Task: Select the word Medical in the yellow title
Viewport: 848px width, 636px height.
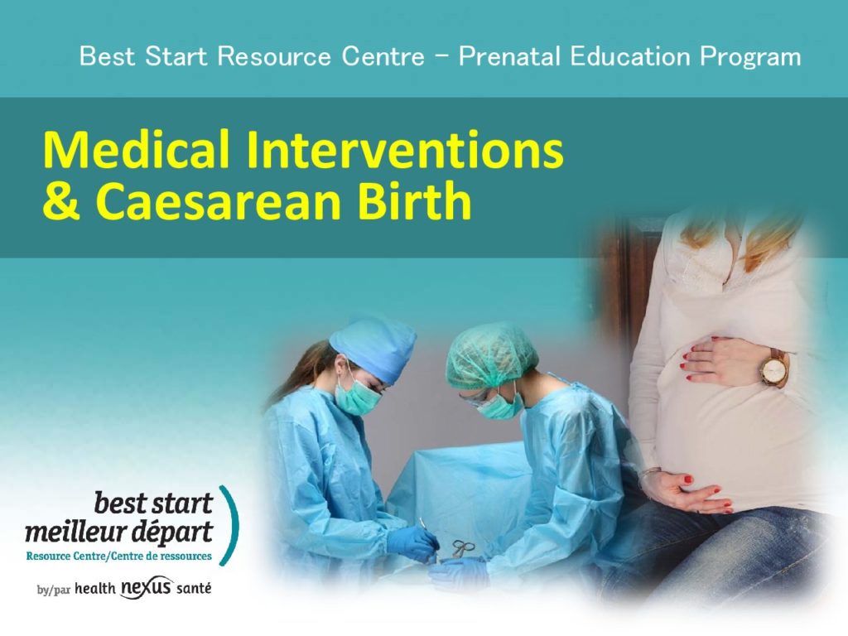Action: point(137,150)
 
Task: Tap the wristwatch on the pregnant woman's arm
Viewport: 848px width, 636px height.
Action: point(774,369)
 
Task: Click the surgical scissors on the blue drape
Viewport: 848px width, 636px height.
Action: point(460,548)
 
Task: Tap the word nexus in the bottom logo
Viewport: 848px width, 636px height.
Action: point(147,587)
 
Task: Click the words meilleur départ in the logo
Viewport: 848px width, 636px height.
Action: point(119,532)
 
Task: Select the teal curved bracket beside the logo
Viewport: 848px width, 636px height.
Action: point(231,525)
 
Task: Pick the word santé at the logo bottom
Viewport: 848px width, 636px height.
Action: point(194,589)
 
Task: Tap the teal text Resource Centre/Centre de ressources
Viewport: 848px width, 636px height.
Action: point(119,556)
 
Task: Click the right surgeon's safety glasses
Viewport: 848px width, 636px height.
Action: point(476,398)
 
